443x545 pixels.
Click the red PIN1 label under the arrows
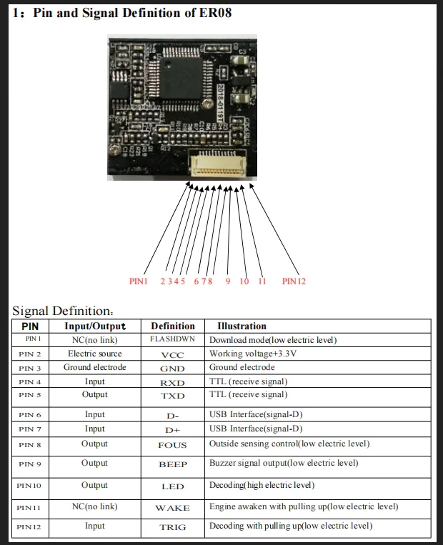pyautogui.click(x=138, y=281)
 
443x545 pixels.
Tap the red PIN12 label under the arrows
pyautogui.click(x=294, y=281)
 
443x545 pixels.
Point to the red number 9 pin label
pyautogui.click(x=228, y=281)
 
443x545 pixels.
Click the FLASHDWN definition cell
pyautogui.click(x=172, y=340)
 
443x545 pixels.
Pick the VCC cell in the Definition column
pyautogui.click(x=172, y=354)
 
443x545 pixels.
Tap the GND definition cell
pyautogui.click(x=172, y=369)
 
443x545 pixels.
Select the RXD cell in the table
pyautogui.click(x=172, y=382)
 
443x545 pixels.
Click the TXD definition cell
pyautogui.click(x=172, y=396)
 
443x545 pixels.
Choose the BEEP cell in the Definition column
pyautogui.click(x=172, y=464)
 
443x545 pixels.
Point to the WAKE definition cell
pyautogui.click(x=172, y=508)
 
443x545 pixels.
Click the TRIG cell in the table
pyautogui.click(x=172, y=527)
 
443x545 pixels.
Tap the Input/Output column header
pyautogui.click(x=95, y=326)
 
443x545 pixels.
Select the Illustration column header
pyautogui.click(x=242, y=326)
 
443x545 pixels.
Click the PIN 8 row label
pyautogui.click(x=30, y=445)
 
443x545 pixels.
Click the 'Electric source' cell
pyautogui.click(x=95, y=354)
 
